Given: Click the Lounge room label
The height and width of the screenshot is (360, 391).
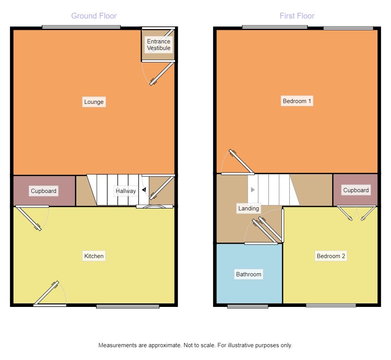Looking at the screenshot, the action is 94,102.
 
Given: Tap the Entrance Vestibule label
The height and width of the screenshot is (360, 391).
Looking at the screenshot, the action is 159,45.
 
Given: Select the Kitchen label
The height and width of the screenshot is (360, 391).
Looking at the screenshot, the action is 94,256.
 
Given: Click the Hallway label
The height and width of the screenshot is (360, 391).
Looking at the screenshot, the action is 125,191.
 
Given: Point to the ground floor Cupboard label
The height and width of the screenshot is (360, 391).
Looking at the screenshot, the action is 44,191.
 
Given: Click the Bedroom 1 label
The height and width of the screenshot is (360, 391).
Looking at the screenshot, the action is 297,101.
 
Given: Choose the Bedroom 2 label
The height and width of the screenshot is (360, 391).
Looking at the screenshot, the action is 331,256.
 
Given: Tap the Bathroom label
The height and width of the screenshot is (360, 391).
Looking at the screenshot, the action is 249,274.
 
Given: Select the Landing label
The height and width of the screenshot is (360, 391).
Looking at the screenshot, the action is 249,208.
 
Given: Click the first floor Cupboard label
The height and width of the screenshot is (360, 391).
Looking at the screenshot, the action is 356,190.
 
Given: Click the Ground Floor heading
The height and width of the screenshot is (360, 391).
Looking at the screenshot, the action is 94,16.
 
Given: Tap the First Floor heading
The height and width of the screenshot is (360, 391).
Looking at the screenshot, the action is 297,16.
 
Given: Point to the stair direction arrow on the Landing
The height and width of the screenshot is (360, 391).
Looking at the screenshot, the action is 252,190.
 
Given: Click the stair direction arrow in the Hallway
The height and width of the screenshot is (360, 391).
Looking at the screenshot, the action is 144,190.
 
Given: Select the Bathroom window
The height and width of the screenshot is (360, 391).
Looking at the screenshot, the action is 248,306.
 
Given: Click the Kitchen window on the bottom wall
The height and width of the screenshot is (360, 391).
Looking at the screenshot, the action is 128,306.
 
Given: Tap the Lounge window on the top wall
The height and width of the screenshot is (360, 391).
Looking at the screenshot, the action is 81,27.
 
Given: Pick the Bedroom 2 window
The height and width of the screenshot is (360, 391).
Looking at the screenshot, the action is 331,306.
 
